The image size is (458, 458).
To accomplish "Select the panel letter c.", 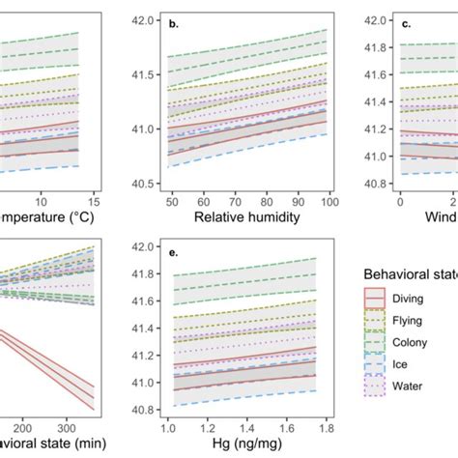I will [407, 24].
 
